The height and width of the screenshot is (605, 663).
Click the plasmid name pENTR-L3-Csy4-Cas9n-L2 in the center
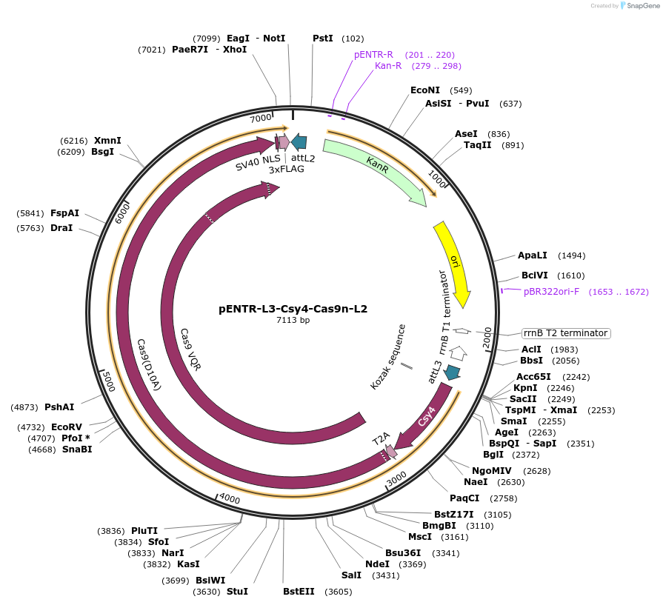click(x=293, y=309)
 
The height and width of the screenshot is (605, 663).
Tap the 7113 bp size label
click(x=293, y=321)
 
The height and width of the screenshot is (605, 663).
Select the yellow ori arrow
click(x=453, y=261)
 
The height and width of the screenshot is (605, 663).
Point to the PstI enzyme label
click(x=323, y=38)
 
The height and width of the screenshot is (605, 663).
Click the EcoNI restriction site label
click(x=425, y=90)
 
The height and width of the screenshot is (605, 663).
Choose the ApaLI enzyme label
click(x=533, y=255)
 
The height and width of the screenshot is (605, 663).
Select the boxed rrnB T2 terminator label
click(x=566, y=333)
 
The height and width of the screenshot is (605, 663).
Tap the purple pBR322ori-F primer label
click(x=551, y=292)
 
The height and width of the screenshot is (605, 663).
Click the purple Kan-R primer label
click(x=388, y=66)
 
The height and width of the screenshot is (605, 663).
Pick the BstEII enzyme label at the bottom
click(x=299, y=592)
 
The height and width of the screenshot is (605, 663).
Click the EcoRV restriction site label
click(x=67, y=427)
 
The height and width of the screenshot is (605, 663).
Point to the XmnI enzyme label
click(x=107, y=140)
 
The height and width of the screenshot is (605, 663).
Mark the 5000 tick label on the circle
click(x=108, y=383)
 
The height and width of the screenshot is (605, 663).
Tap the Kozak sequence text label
click(x=389, y=357)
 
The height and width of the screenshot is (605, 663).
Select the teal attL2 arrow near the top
click(x=299, y=142)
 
